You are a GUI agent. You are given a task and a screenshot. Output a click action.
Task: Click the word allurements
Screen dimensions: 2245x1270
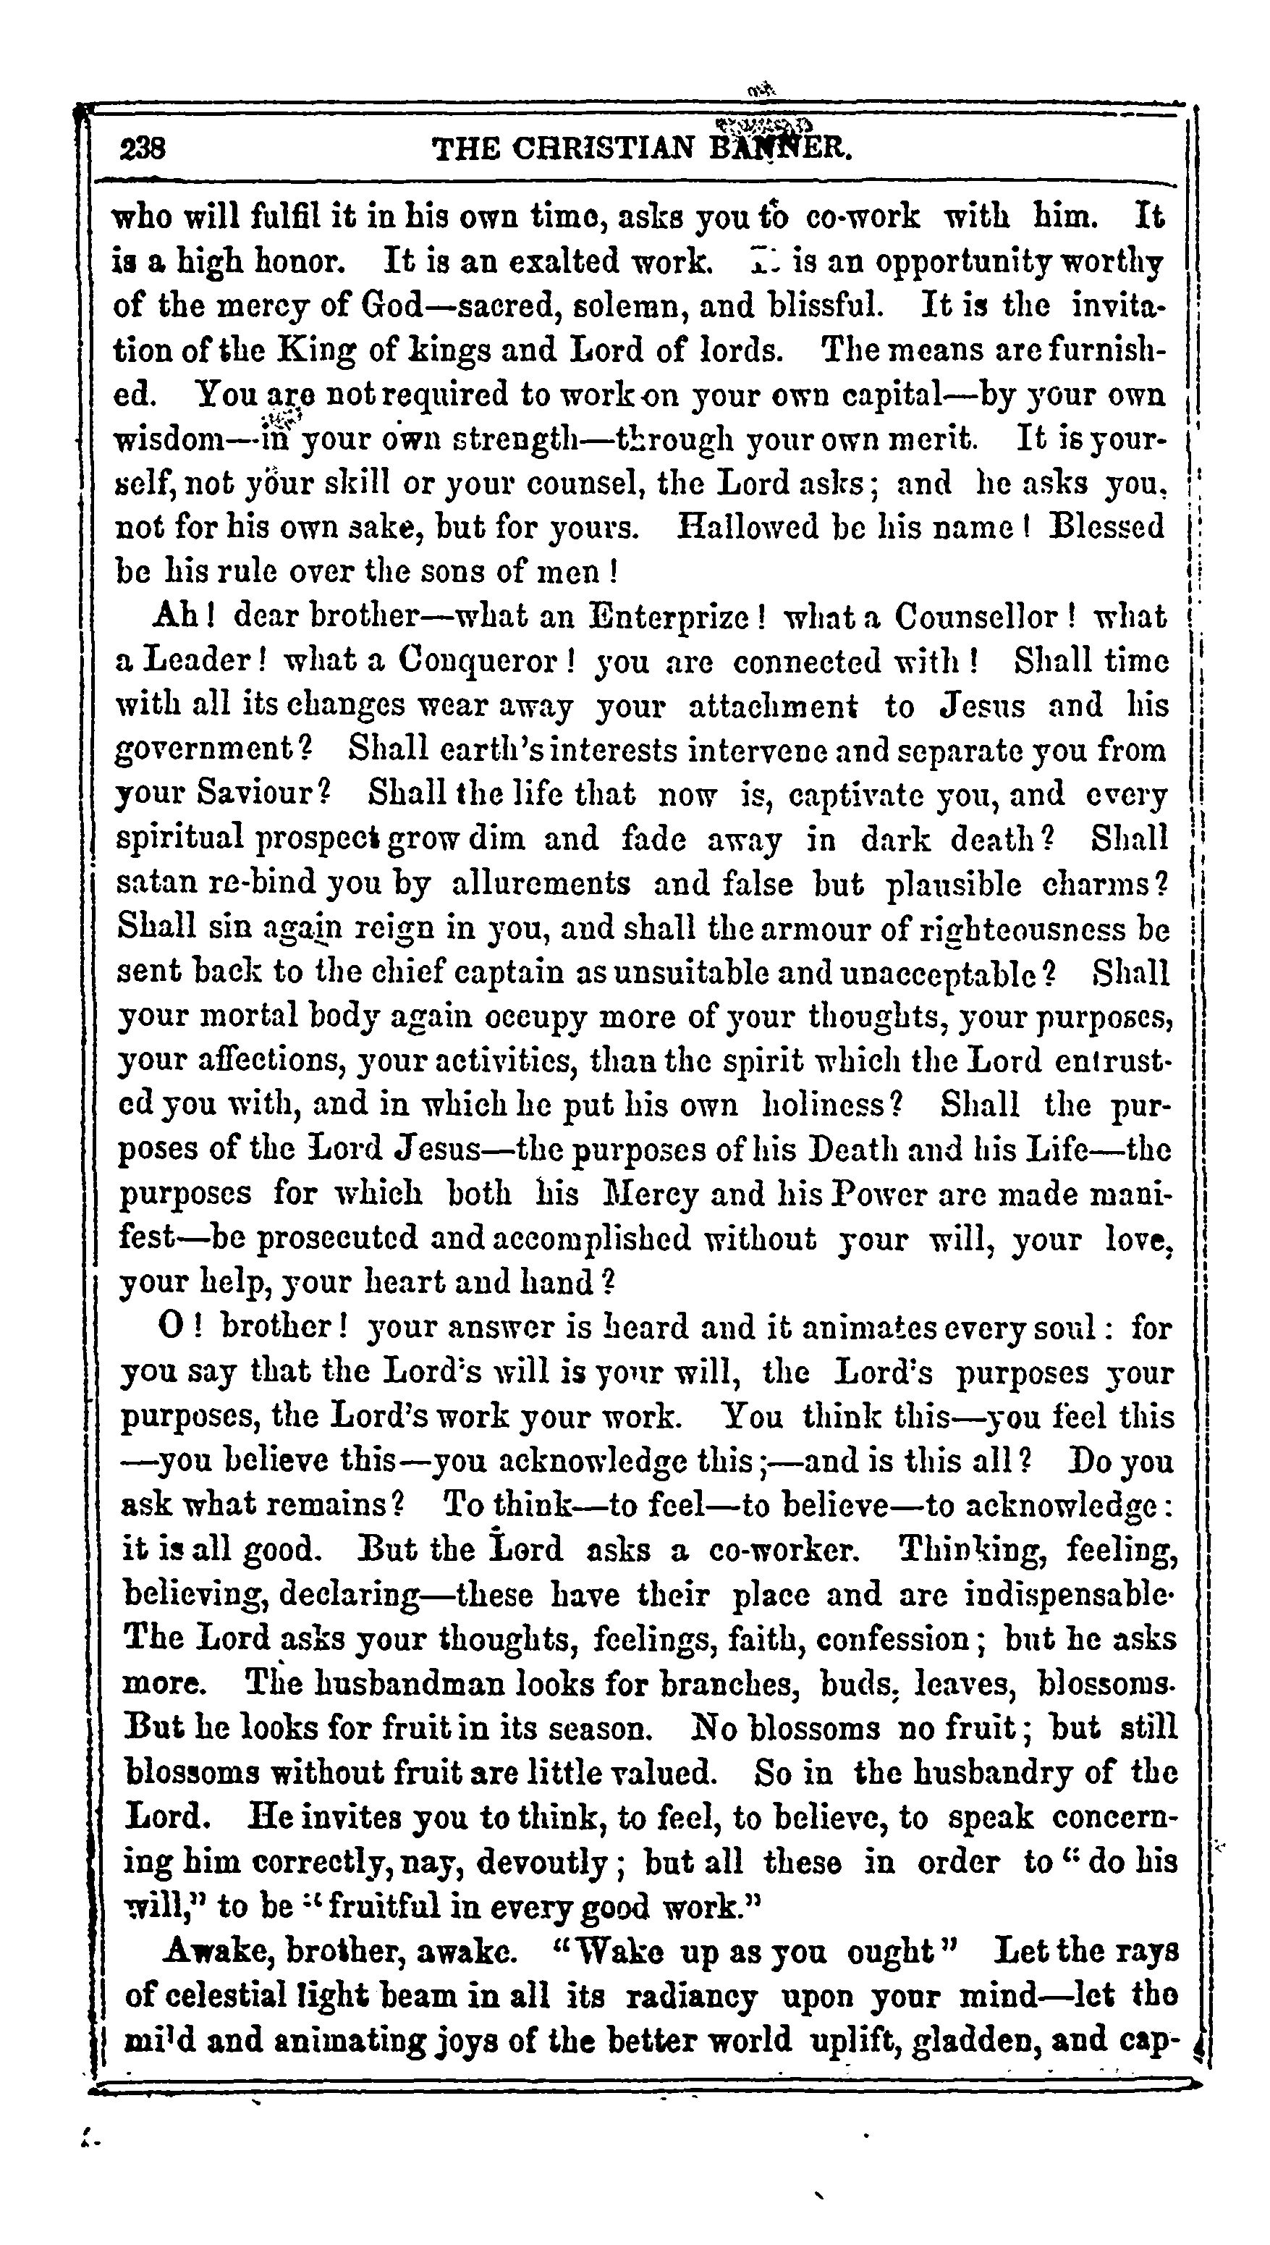(x=542, y=883)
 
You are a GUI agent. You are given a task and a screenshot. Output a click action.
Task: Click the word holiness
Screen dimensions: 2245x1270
(x=832, y=1105)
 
